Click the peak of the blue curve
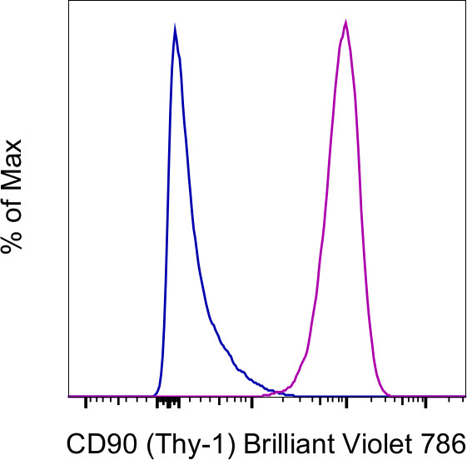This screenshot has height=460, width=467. point(175,29)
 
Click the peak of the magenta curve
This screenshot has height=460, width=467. point(345,22)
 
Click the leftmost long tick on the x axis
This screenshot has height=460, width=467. point(86,403)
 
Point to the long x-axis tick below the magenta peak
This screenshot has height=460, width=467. point(347,403)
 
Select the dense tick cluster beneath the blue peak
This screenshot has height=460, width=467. point(169,403)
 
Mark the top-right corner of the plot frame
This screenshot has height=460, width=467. point(465,2)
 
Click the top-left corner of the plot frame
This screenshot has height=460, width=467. point(68,2)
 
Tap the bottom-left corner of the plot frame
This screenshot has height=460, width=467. point(68,398)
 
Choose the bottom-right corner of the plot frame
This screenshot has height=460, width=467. point(465,398)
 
